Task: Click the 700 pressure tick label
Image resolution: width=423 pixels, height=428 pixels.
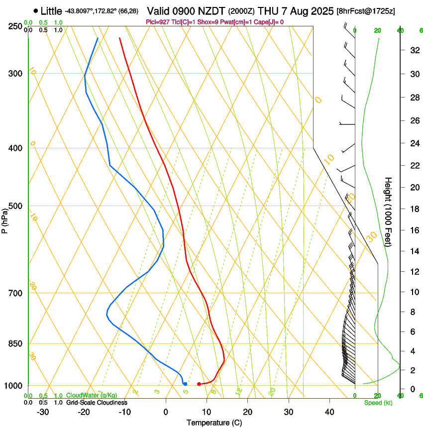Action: point(15,293)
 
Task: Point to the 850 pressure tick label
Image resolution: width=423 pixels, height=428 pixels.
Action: point(15,344)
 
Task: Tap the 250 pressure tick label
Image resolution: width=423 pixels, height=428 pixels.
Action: point(15,26)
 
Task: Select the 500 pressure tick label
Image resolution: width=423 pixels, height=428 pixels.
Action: point(15,206)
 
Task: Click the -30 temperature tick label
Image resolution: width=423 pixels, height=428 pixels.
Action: point(43,412)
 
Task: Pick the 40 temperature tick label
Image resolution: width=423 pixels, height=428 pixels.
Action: point(329,412)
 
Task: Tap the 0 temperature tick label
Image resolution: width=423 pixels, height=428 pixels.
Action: point(166,412)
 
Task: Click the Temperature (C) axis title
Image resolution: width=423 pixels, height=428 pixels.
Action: point(214,423)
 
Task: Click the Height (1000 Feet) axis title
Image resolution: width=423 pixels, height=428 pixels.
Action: point(389,212)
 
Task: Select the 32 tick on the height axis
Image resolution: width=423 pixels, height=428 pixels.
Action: point(413,50)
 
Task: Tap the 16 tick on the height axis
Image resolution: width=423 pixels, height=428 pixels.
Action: point(413,230)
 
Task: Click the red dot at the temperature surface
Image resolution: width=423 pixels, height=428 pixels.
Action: point(199,384)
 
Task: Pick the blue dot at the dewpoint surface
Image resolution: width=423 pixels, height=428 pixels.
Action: point(185,384)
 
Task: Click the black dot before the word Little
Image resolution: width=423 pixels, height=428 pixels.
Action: point(36,10)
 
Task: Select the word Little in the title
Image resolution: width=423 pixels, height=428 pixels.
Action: point(52,10)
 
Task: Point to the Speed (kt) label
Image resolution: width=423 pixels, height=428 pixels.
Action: point(378,402)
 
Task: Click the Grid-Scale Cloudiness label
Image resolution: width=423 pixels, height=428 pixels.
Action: point(97,402)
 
